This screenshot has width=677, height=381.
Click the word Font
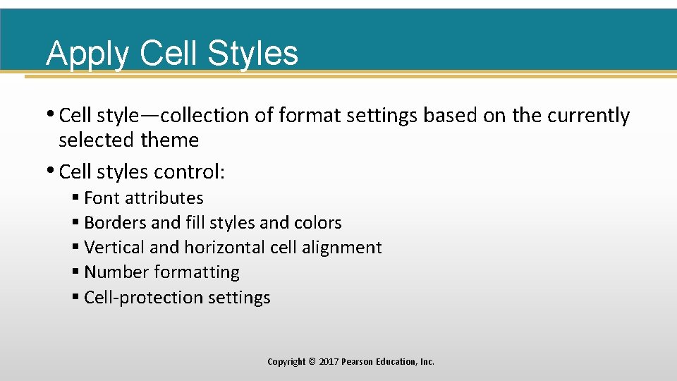[102, 198]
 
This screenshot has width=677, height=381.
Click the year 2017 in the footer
[328, 362]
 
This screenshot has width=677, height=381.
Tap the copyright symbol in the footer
[312, 362]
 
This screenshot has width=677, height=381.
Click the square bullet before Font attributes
[75, 198]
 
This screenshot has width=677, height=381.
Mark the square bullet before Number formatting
[75, 272]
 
